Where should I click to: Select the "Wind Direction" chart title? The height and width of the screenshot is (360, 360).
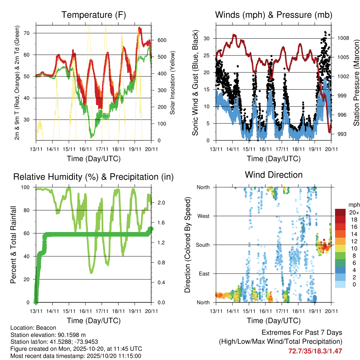pos(274,174)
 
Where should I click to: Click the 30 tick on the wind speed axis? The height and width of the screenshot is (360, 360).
pos(207,38)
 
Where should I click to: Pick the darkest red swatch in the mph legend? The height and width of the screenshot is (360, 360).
pos(340,212)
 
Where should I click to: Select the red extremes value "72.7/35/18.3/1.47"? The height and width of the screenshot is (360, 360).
pos(315,351)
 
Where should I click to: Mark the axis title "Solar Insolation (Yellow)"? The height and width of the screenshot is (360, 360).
pos(172,83)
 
